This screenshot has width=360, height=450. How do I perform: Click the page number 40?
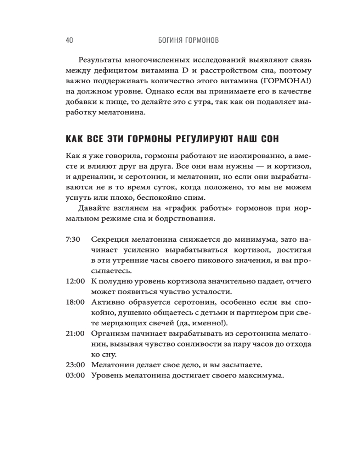pos(69,40)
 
